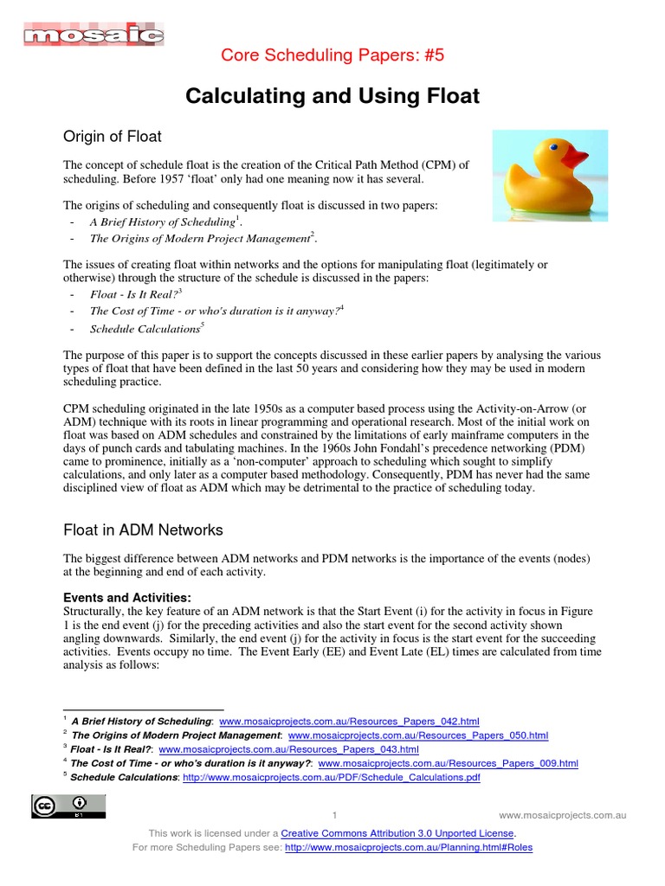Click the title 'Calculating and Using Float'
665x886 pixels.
[332, 96]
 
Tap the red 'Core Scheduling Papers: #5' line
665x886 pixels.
[332, 57]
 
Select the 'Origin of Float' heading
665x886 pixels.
[113, 136]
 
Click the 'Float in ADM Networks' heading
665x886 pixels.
[144, 530]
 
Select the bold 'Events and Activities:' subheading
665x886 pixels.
[127, 597]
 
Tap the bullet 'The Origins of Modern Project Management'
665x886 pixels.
[200, 238]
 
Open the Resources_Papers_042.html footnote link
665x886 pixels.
[349, 721]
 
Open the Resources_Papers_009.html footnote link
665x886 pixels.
[448, 763]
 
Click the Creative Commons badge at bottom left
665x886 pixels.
[70, 806]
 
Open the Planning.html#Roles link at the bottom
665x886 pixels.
[409, 847]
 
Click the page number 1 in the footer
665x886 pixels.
[333, 815]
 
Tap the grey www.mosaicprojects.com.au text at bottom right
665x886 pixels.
[563, 815]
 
